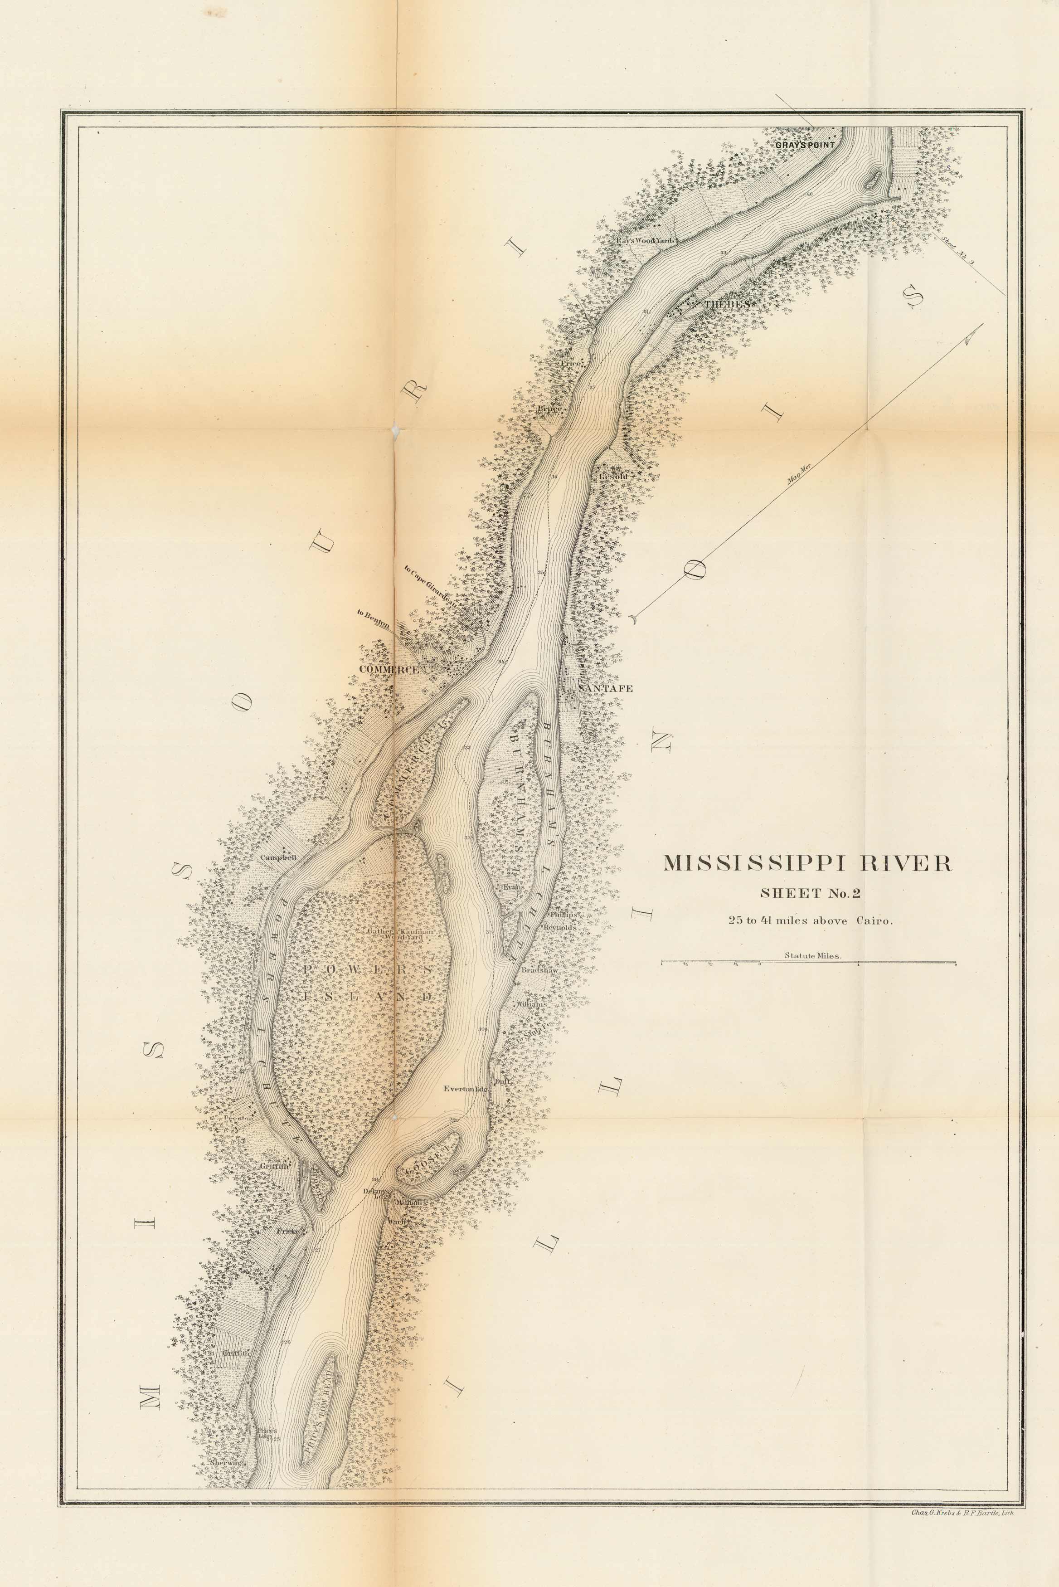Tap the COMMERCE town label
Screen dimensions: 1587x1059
point(389,668)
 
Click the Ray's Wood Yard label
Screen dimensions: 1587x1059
point(645,240)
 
